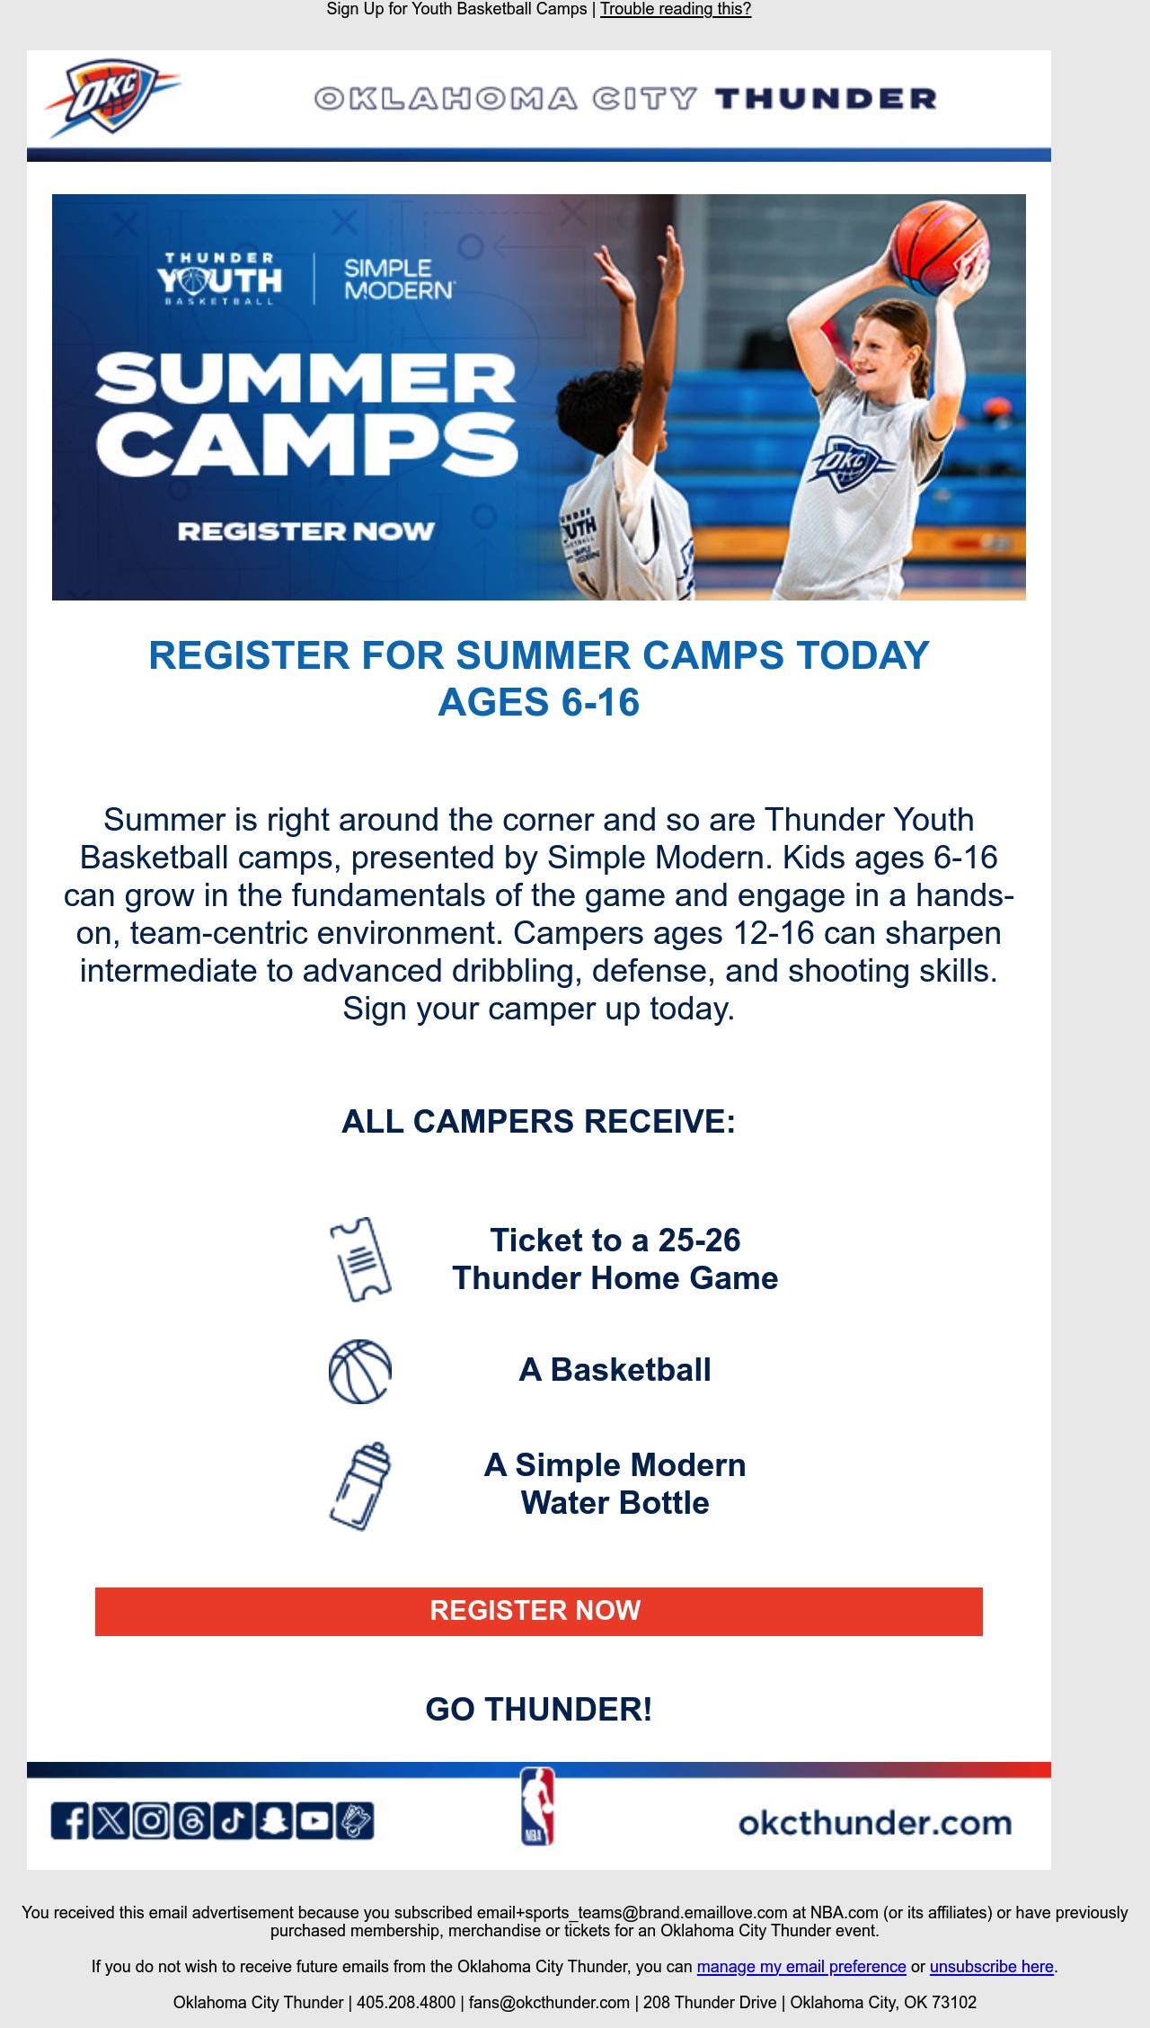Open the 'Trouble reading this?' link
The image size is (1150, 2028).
676,10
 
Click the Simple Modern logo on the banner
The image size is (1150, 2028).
399,280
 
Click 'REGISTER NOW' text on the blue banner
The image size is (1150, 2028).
306,531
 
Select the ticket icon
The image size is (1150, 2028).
360,1259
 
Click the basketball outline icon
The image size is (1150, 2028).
360,1372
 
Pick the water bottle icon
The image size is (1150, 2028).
360,1486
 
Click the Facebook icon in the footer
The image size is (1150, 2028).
70,1821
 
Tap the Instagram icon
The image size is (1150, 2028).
152,1821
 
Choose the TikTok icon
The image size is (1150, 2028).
233,1821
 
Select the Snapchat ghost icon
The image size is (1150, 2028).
274,1821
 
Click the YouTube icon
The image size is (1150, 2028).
314,1821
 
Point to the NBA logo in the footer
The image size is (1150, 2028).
537,1807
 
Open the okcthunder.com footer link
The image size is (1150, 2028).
875,1823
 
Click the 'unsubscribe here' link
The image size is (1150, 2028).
992,1967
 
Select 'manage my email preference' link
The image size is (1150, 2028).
801,1967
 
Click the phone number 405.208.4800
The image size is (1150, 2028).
406,2003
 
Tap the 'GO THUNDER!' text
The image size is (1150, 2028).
539,1710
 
